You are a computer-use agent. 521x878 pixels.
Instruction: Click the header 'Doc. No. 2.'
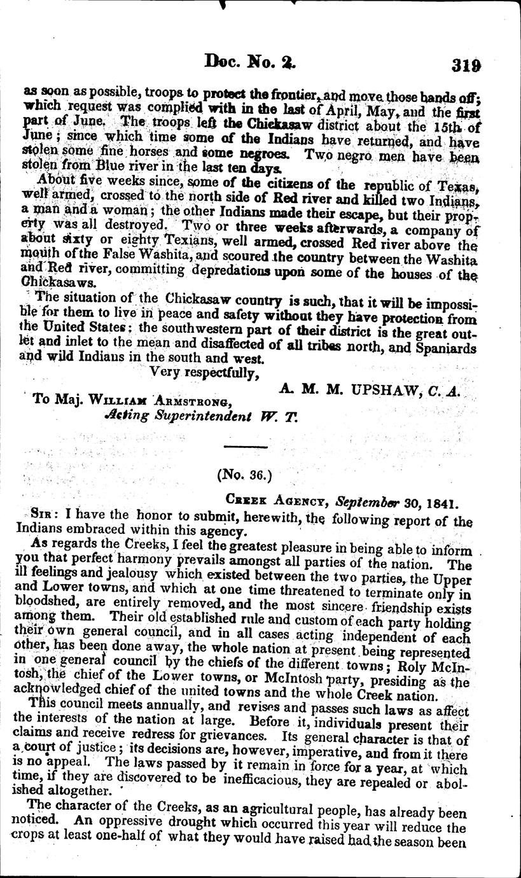(x=247, y=62)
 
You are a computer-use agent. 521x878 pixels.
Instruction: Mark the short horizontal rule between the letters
(x=244, y=443)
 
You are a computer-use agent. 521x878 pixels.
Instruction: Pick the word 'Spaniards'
(x=442, y=347)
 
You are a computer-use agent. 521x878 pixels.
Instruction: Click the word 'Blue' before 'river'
(x=102, y=168)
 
